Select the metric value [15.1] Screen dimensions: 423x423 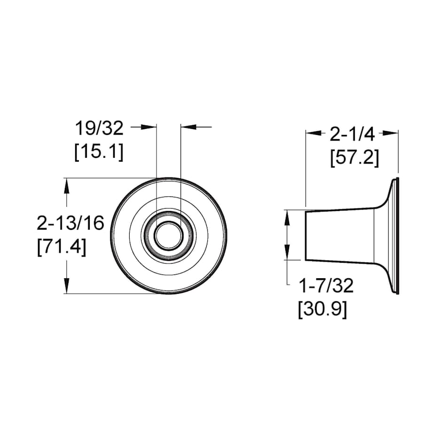pos(99,152)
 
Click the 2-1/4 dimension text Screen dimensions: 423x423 pos(352,134)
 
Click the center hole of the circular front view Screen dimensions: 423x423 pos(168,236)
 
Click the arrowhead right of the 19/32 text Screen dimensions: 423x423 pos(149,126)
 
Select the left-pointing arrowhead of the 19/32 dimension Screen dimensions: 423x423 pos(187,126)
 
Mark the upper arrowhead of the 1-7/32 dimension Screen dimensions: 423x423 pos(287,217)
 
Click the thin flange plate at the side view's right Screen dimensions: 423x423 pos(397,236)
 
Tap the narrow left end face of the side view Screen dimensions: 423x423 pos(306,235)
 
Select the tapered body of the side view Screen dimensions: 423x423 pos(341,235)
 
